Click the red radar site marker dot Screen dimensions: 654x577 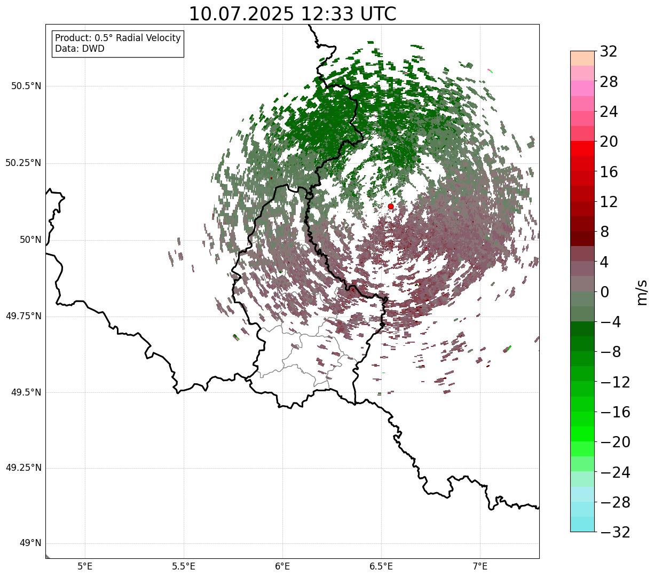point(391,206)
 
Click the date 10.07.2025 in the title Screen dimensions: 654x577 point(241,14)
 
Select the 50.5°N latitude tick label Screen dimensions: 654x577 point(27,86)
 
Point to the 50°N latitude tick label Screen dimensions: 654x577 point(30,240)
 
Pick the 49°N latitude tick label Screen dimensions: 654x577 point(30,543)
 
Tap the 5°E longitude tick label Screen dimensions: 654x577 point(85,566)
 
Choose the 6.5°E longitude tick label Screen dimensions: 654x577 point(381,566)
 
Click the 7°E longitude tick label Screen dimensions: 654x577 point(480,566)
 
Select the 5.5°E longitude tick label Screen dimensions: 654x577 point(184,566)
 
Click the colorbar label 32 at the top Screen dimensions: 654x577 point(609,52)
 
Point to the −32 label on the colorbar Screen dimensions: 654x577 point(615,532)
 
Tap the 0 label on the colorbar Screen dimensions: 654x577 point(604,292)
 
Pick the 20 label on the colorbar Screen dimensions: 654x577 point(609,141)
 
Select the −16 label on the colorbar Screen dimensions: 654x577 point(615,412)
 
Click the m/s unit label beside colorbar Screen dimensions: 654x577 point(642,293)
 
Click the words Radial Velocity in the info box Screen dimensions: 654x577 point(148,38)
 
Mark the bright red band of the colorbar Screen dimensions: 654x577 point(582,148)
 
